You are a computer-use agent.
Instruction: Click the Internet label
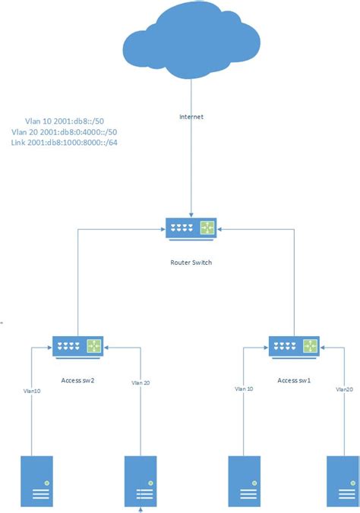coord(191,118)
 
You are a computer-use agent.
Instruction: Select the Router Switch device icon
coord(191,228)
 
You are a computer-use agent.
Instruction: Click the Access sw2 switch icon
coord(78,347)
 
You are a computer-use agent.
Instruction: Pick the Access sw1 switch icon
coord(294,347)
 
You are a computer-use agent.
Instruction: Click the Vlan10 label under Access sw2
coord(31,391)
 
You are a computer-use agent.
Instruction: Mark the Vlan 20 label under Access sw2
coord(141,383)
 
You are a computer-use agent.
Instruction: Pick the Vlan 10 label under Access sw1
coord(245,389)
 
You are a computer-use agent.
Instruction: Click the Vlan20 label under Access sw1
coord(343,389)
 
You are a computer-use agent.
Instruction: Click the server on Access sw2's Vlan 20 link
coord(141,481)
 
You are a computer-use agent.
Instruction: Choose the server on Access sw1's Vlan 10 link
coord(245,481)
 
